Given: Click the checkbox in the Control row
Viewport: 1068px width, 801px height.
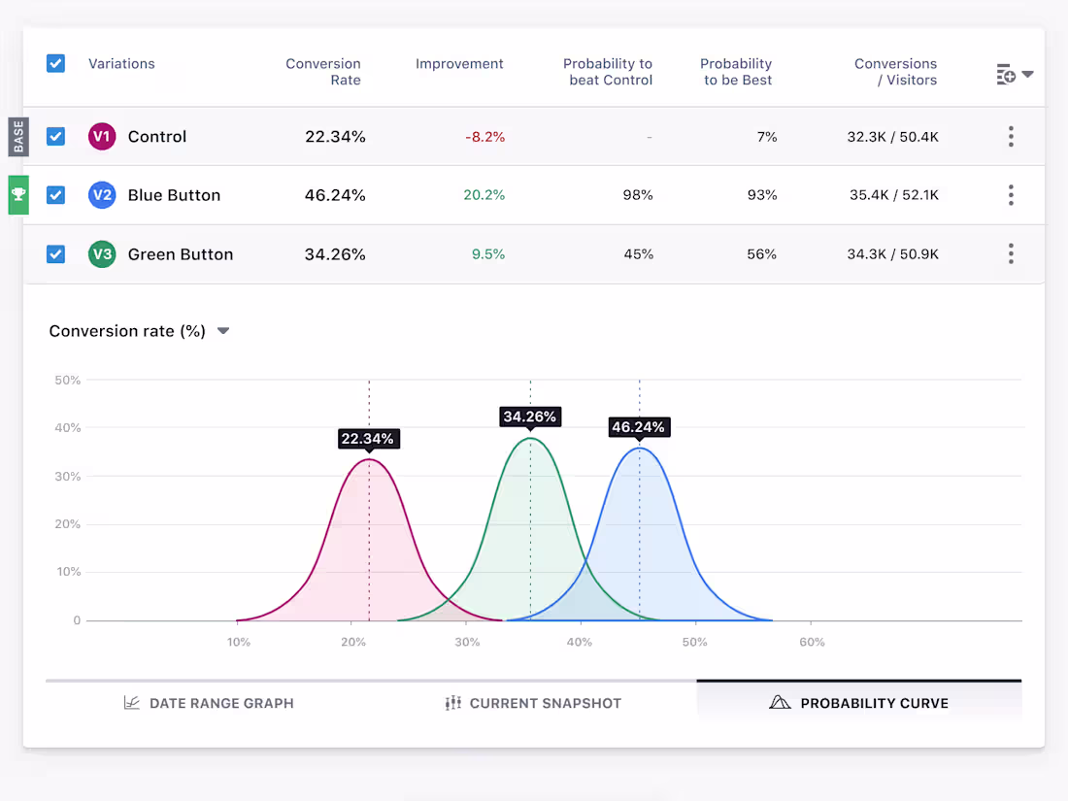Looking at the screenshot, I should (55, 137).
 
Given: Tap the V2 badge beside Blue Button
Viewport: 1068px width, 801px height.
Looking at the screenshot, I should (102, 195).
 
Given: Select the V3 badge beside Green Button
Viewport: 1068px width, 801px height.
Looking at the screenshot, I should (102, 254).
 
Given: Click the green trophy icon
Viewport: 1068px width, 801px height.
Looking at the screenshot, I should (18, 194).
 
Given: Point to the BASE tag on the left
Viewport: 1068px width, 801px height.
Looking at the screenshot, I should (18, 137).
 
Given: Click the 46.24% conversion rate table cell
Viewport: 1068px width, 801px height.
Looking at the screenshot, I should (335, 195).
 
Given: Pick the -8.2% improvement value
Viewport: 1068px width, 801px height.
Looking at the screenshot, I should (484, 137).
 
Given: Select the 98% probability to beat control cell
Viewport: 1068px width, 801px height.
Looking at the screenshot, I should (637, 195).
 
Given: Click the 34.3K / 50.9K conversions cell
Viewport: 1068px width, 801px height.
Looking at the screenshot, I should (892, 254).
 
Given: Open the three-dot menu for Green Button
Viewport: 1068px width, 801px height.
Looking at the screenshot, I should (1011, 254).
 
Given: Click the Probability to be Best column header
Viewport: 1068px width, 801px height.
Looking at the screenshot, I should (736, 72).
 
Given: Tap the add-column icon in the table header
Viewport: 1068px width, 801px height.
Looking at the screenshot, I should (1007, 75).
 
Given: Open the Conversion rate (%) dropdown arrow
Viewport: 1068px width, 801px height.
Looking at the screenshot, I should (223, 331).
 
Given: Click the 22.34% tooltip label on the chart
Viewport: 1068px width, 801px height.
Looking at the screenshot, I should (368, 439).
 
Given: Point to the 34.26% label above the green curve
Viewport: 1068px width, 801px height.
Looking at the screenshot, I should (529, 417).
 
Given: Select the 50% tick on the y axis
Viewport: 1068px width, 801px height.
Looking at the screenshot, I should (67, 380).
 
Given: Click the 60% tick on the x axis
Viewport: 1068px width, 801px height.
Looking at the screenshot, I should (812, 642).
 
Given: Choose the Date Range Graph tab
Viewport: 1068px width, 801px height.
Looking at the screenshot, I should (209, 703).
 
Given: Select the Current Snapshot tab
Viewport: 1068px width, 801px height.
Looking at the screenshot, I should (533, 703).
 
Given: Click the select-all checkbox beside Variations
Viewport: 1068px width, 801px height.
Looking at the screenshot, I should (55, 64).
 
